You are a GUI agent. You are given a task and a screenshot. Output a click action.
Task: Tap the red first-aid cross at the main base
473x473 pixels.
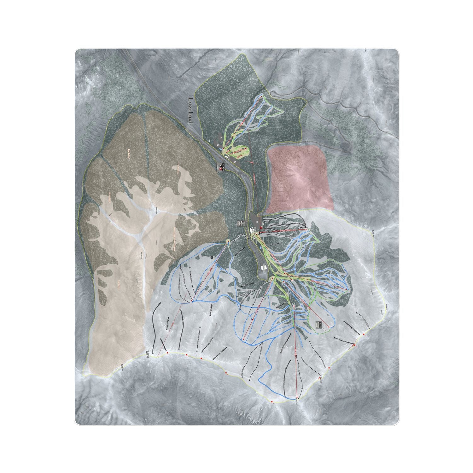click(260, 227)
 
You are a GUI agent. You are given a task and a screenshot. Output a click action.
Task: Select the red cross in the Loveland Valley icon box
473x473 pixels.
click(220, 169)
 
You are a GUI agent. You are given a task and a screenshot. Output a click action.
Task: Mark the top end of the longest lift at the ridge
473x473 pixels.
click(296, 399)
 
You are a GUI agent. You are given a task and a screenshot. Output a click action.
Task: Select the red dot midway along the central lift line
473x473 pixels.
click(253, 320)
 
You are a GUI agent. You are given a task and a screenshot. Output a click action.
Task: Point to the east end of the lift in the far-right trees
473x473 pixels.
click(347, 289)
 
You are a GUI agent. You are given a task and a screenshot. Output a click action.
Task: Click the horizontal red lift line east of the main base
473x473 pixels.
click(284, 231)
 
